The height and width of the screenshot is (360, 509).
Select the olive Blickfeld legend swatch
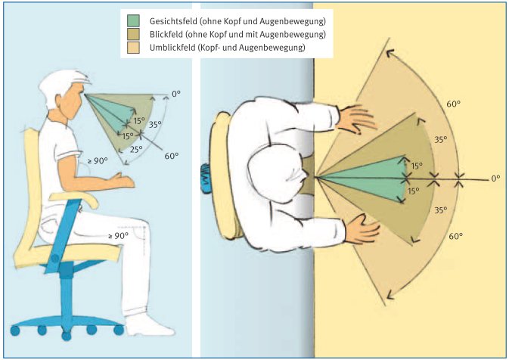(135, 34)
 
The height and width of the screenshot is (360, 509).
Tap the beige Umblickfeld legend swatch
(135, 48)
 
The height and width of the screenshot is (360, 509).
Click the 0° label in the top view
(495, 178)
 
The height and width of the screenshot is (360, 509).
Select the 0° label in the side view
(176, 93)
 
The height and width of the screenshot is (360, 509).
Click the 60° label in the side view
(172, 156)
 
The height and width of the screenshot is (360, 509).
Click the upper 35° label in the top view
(440, 139)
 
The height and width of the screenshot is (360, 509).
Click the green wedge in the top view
(371, 178)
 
